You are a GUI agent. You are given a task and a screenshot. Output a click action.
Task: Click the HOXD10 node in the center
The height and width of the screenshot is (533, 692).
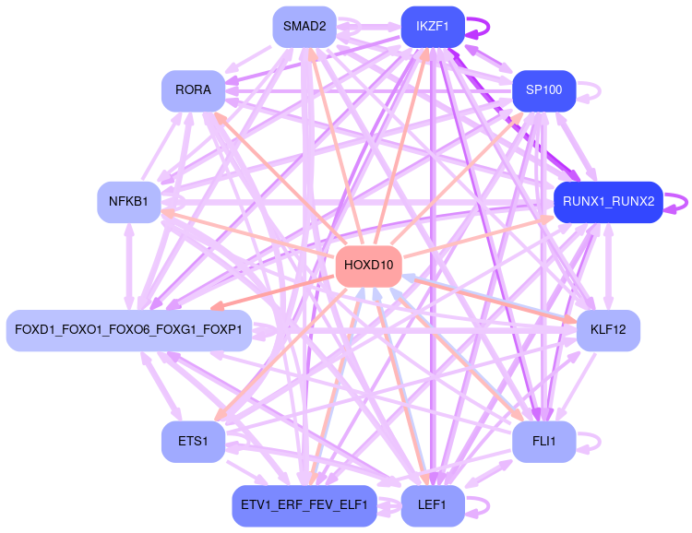(x=368, y=266)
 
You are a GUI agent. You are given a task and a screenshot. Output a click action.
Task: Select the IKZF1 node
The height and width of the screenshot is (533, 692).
(x=433, y=27)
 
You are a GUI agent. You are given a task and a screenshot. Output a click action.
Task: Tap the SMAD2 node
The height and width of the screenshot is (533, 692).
(x=304, y=27)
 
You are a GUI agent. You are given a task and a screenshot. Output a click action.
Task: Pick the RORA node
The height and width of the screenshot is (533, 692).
(x=193, y=90)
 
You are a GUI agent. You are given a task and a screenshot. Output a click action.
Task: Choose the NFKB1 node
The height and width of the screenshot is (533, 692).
(x=129, y=201)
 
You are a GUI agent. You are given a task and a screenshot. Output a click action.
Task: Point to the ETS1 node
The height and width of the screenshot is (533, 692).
(x=193, y=442)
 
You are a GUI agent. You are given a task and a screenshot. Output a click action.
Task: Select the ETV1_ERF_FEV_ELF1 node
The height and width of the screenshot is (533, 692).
(x=304, y=505)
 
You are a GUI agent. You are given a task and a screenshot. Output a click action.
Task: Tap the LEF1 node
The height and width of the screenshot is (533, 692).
(x=432, y=505)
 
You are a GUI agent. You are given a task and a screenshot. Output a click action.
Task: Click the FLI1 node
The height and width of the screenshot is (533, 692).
(x=543, y=442)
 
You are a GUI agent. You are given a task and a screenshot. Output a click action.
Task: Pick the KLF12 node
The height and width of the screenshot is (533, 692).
(x=608, y=329)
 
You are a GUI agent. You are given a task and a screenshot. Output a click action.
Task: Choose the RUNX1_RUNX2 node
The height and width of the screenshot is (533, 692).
(x=608, y=201)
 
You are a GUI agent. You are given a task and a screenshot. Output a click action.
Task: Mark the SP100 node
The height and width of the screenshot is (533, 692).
(x=543, y=90)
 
